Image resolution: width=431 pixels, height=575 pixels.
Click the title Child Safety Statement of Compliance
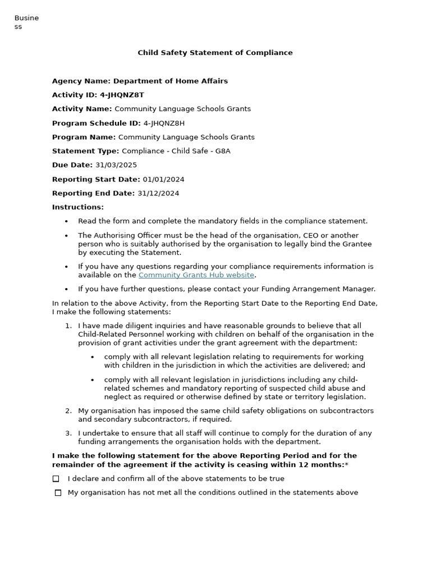pos(215,53)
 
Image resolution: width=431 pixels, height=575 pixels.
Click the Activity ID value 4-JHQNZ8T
pos(122,95)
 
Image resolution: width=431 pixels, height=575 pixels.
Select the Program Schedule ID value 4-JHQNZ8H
pos(164,123)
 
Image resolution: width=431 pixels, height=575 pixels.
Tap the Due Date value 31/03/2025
pos(116,165)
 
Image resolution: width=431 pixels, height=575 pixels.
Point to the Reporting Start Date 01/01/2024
pos(163,180)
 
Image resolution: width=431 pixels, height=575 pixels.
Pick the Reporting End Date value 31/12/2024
pos(158,194)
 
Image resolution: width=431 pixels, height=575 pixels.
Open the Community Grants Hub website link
pos(196,275)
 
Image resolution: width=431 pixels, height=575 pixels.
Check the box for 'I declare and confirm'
pos(56,479)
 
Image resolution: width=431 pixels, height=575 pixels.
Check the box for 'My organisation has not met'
pos(58,493)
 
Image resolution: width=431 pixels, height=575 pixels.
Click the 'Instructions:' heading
pos(78,207)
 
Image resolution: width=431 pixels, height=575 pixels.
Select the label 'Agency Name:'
pos(81,81)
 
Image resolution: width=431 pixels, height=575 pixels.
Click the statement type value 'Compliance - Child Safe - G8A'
pos(176,151)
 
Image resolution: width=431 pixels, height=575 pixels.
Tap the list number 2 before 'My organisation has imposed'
pos(68,411)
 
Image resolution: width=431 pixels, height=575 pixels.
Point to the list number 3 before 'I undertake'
pos(68,433)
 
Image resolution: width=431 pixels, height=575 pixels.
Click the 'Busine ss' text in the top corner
pos(26,22)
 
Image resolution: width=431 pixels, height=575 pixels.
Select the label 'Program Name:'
pos(84,137)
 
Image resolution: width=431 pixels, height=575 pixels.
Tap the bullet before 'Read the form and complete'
pos(66,222)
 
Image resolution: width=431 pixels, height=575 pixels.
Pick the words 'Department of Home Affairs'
pos(171,81)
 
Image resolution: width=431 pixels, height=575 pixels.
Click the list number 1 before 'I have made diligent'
pos(68,326)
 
